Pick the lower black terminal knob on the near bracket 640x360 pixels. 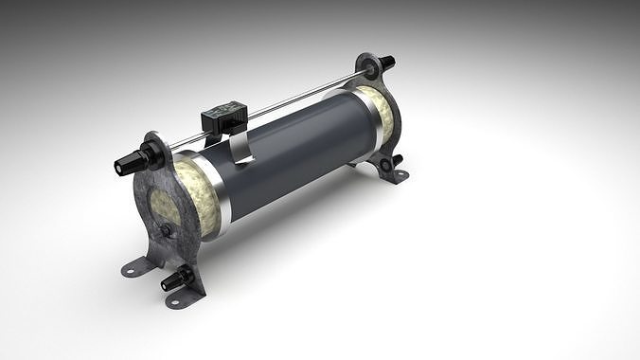[172, 281]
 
